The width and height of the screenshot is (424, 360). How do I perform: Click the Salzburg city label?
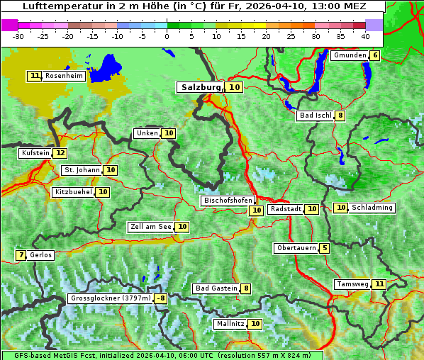click(200, 87)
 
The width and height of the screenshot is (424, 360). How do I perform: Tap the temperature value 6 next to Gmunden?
click(375, 55)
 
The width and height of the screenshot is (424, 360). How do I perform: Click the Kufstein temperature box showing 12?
click(60, 153)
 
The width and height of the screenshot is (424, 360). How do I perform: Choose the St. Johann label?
click(82, 170)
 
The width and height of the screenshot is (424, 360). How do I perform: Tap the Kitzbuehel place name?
click(73, 192)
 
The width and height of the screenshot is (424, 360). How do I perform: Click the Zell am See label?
click(150, 227)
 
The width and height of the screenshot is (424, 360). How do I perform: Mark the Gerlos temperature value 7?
click(21, 255)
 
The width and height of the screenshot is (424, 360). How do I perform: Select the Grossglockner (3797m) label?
click(111, 298)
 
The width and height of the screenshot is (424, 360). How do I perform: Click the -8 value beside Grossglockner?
click(161, 298)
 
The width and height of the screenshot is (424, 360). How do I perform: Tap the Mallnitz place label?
click(230, 324)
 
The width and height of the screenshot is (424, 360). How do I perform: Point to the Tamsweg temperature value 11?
click(380, 284)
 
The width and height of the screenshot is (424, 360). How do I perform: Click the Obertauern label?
click(296, 248)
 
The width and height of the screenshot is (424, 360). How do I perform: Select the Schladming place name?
click(372, 208)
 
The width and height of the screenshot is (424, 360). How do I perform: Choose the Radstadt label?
click(286, 209)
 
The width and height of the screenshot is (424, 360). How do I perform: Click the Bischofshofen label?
click(228, 201)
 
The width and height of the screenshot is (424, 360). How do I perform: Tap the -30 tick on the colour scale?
click(18, 35)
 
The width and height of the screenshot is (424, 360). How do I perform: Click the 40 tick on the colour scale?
click(365, 35)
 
